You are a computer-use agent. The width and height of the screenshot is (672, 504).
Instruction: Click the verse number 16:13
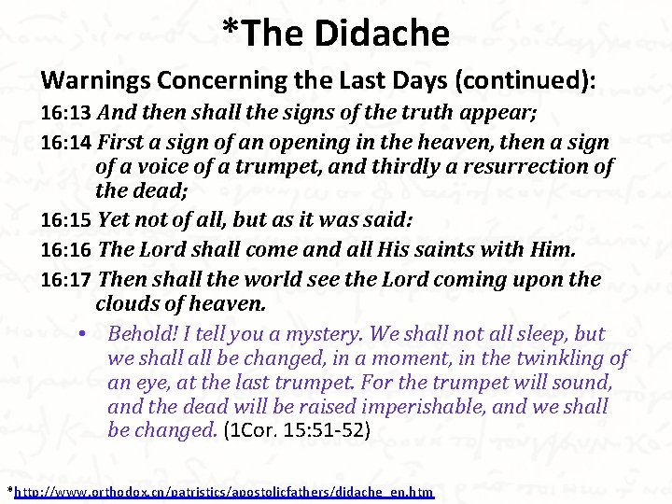(65, 115)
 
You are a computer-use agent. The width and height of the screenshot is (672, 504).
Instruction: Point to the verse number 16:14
(65, 143)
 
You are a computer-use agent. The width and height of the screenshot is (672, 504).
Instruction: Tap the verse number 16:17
(65, 279)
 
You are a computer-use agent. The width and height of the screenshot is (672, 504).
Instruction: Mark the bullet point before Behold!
(83, 334)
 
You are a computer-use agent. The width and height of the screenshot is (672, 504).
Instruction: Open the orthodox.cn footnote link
(224, 491)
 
